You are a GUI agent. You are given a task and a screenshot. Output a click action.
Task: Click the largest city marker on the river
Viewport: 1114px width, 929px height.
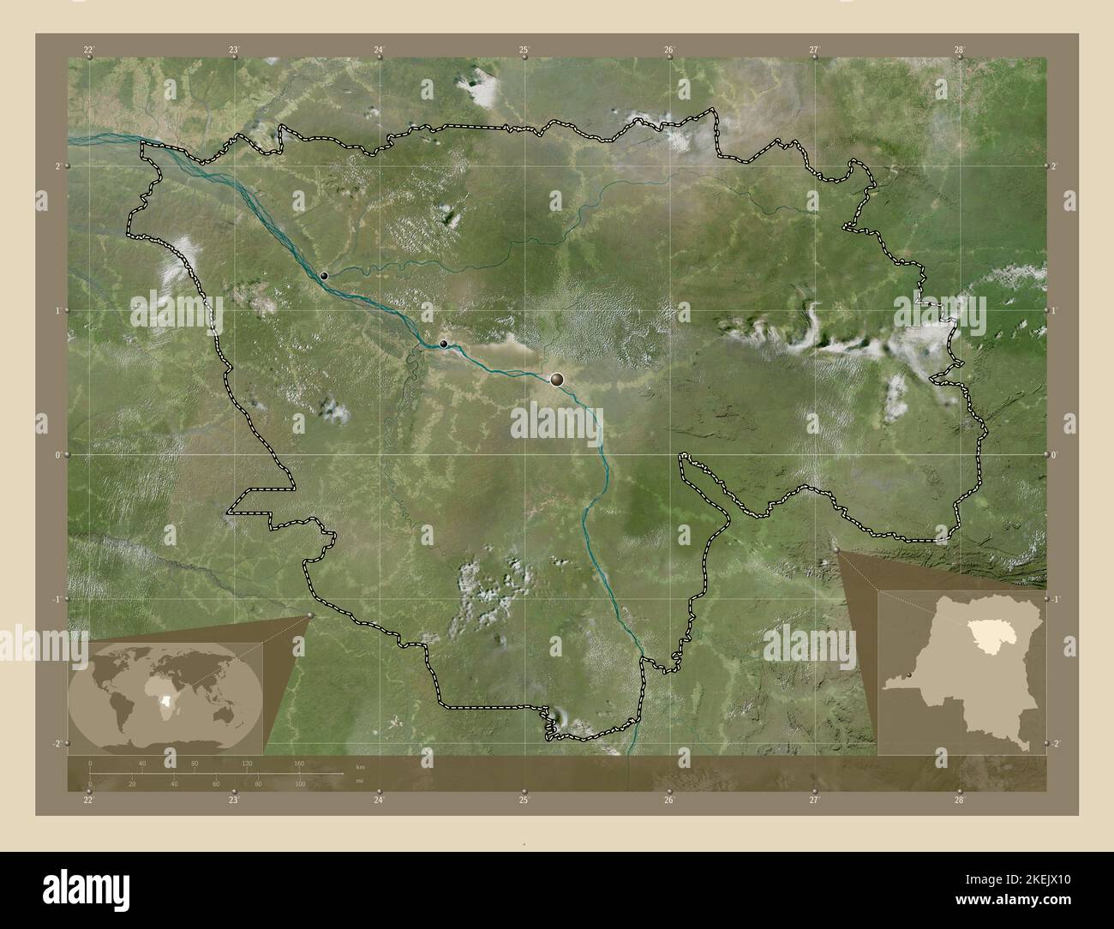click(x=558, y=378)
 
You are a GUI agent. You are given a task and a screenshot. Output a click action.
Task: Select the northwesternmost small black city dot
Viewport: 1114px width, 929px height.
click(x=324, y=276)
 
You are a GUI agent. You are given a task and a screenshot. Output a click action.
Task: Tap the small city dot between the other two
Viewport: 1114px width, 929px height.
click(x=443, y=344)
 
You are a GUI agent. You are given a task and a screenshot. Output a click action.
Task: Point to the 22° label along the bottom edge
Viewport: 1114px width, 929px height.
click(x=88, y=800)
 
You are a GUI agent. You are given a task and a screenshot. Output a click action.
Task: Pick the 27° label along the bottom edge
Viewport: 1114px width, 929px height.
click(x=814, y=800)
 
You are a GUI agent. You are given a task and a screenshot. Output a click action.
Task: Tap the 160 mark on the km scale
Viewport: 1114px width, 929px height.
click(x=299, y=763)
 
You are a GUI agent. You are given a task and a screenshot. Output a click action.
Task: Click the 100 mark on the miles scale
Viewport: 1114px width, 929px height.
click(x=299, y=784)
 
